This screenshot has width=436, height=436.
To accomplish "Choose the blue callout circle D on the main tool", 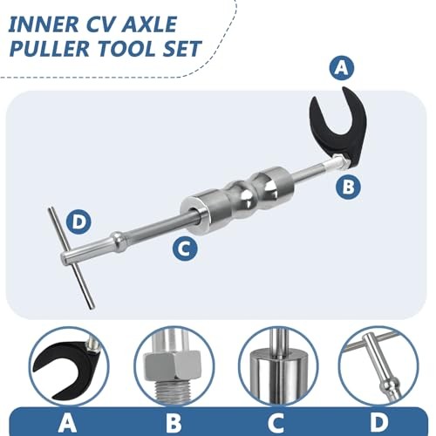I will [x=78, y=222].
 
